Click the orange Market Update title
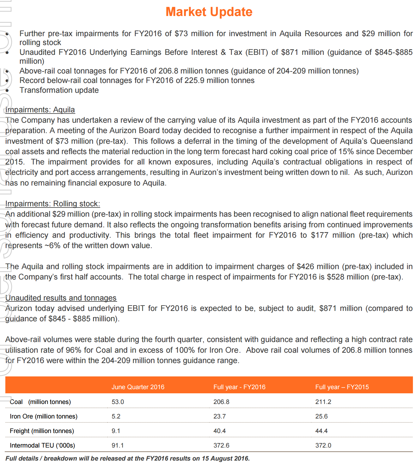209,12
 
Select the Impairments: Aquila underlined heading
40,110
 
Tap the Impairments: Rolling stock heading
53,204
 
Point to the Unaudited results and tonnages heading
61,298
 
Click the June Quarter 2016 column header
138,387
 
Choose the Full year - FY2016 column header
239,387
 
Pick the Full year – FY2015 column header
342,387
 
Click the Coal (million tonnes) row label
40,402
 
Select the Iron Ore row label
44,416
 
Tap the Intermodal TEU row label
42,445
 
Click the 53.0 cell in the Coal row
118,402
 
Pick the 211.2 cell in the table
323,402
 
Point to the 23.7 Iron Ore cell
219,416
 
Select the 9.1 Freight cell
116,431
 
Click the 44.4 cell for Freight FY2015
321,431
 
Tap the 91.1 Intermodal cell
118,445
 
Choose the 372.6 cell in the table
221,445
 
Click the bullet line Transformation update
59,90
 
